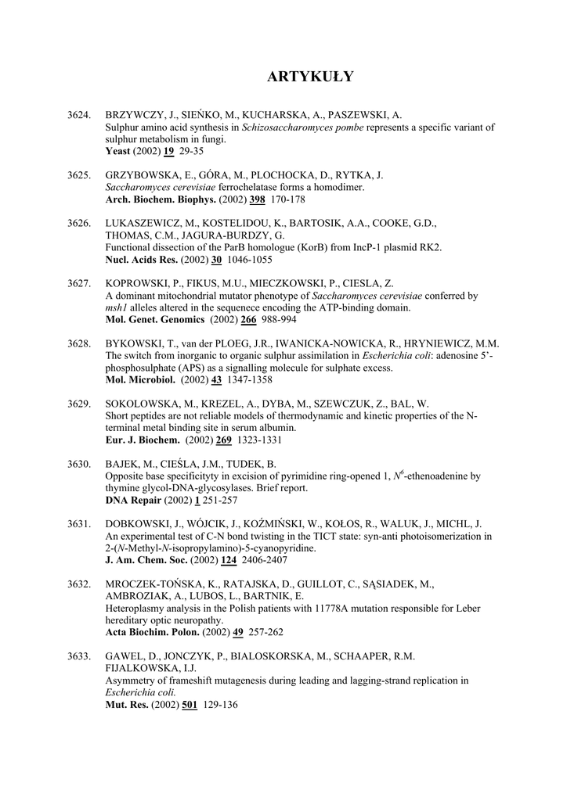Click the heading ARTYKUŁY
[x=310, y=77]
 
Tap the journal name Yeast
[x=119, y=151]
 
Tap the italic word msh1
[x=116, y=308]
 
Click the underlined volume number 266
[x=249, y=320]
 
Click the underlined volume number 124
[x=229, y=560]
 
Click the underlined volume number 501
[x=190, y=705]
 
